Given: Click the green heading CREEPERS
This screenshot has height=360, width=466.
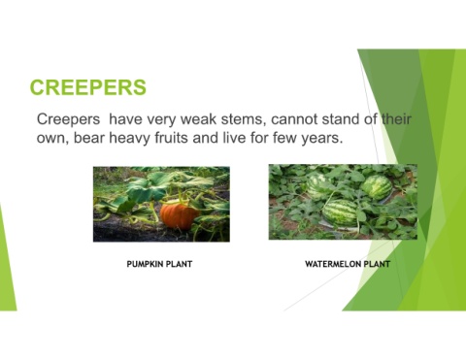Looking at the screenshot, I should click(x=88, y=88).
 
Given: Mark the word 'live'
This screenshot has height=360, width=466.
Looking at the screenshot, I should click(x=263, y=140).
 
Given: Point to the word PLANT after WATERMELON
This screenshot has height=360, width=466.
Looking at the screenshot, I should click(x=377, y=263).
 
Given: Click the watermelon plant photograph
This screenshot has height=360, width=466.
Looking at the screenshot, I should click(x=342, y=201).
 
